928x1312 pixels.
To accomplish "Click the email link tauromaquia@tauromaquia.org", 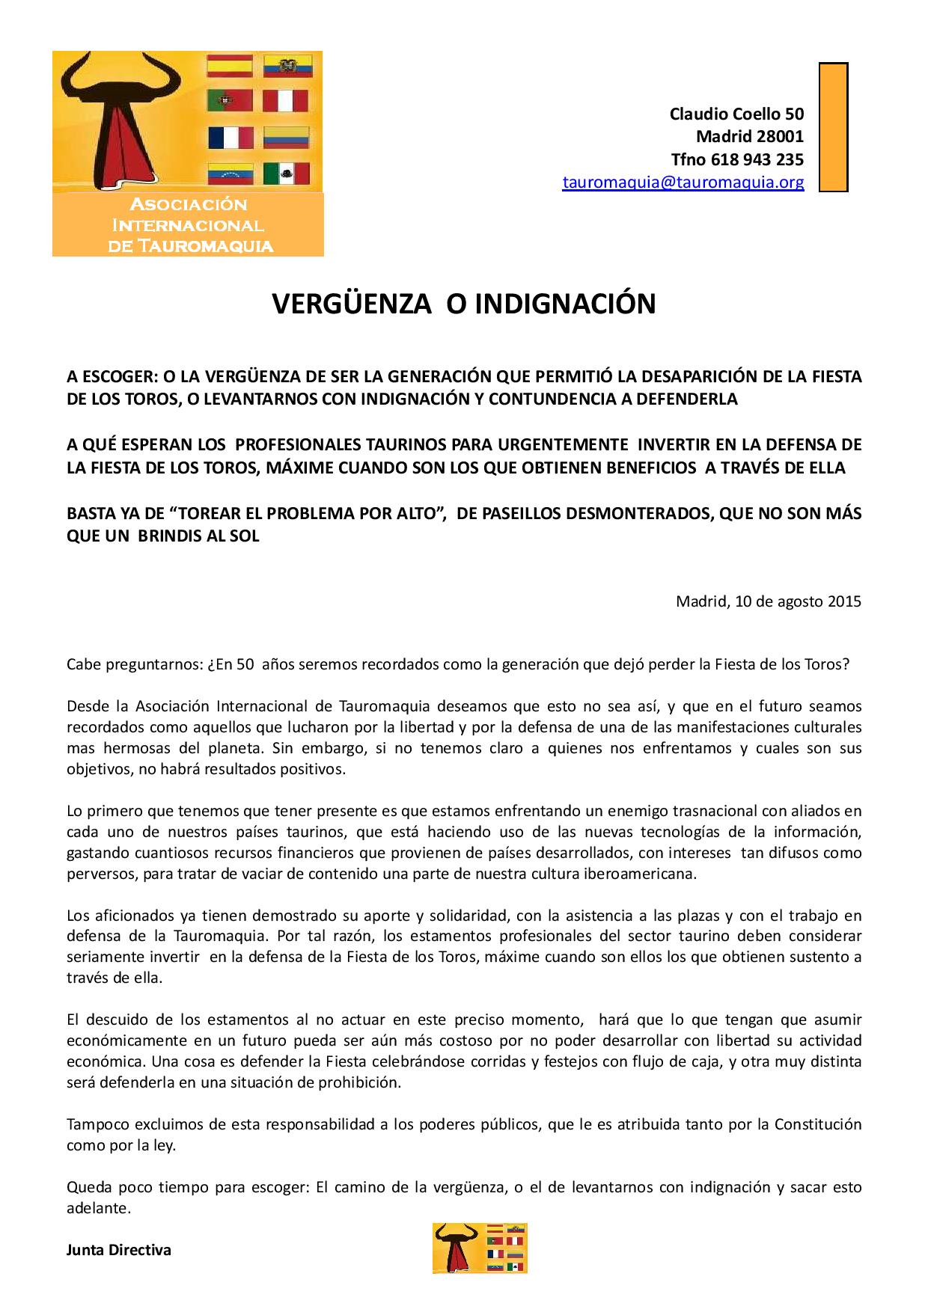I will tap(683, 182).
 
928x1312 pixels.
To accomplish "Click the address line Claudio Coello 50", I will tap(736, 114).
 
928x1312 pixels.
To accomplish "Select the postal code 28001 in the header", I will tap(778, 137).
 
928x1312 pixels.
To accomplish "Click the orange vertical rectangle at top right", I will tap(833, 127).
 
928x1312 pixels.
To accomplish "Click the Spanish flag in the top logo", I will tap(231, 66).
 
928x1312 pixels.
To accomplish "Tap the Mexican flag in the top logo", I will tap(287, 174).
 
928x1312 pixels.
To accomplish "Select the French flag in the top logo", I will tap(231, 138).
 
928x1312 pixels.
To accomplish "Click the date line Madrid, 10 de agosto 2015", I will tap(769, 601).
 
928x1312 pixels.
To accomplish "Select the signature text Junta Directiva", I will tap(119, 1249).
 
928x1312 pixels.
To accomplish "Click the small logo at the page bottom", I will tap(480, 1248).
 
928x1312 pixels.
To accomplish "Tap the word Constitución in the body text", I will tap(817, 1124).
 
